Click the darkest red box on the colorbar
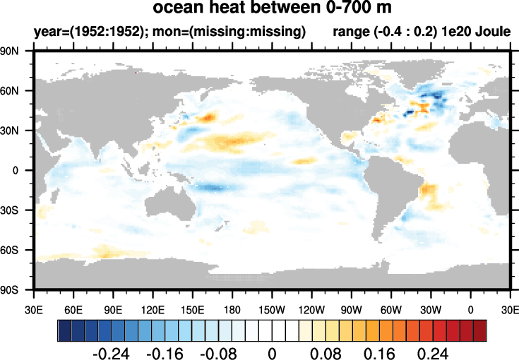click(x=480, y=330)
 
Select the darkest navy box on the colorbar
click(x=64, y=330)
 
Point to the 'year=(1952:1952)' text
click(x=78, y=32)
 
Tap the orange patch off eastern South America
click(x=428, y=190)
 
